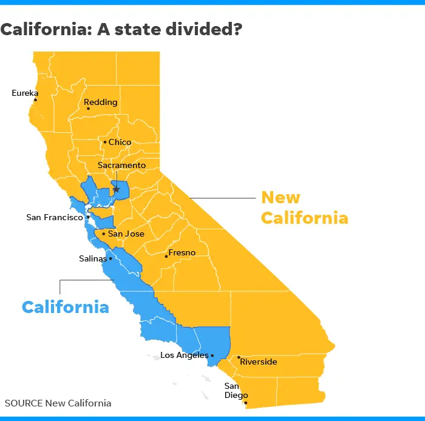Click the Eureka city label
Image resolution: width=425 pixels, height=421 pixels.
click(x=25, y=93)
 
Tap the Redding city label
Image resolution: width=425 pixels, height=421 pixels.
click(x=101, y=102)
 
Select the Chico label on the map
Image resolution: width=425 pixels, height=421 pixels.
click(x=120, y=142)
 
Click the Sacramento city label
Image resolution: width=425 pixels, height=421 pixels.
click(x=122, y=165)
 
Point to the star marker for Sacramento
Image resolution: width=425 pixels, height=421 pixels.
click(x=117, y=189)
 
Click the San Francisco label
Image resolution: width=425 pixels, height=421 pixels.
click(x=55, y=217)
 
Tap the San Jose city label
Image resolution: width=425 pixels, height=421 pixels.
click(x=126, y=234)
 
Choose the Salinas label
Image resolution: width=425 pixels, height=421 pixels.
click(x=92, y=258)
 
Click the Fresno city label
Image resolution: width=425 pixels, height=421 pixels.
click(x=183, y=252)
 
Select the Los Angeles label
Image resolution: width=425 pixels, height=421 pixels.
click(x=185, y=355)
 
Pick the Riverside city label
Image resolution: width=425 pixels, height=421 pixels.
click(x=259, y=362)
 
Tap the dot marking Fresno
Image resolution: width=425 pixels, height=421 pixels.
click(x=166, y=256)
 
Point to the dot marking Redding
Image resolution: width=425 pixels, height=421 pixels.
click(x=88, y=109)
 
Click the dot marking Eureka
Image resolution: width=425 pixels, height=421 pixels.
click(x=35, y=100)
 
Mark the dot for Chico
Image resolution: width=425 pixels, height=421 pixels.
click(x=105, y=143)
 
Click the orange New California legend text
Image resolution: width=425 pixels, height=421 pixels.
click(x=304, y=207)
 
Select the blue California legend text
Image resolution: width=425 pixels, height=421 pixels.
click(x=66, y=306)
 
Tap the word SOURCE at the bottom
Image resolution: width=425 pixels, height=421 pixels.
click(x=24, y=403)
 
